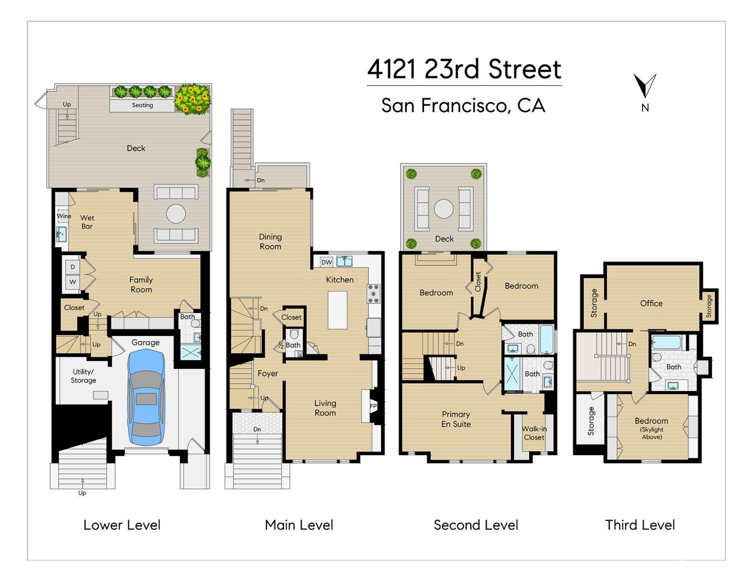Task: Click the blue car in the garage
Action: click(x=146, y=397)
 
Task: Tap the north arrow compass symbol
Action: click(x=644, y=86)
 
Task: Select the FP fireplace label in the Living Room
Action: click(x=373, y=406)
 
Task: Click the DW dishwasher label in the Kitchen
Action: click(x=327, y=262)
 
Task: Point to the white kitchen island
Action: click(x=337, y=310)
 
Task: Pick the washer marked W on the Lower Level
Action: click(x=73, y=282)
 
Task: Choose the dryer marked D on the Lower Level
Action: click(x=73, y=267)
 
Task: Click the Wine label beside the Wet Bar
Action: click(x=64, y=216)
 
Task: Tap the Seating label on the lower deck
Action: click(x=142, y=105)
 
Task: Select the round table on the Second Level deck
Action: click(x=444, y=209)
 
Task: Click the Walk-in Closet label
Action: click(x=534, y=433)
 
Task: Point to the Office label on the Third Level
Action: click(x=651, y=303)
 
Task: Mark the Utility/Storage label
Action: click(x=83, y=376)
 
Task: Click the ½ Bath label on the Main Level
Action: click(x=290, y=345)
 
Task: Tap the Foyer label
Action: click(x=268, y=373)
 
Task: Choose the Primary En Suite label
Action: click(x=456, y=419)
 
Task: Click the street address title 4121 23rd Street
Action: click(x=464, y=69)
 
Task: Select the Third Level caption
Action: click(x=640, y=525)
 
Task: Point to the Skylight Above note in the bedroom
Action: click(x=652, y=433)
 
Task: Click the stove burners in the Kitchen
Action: click(x=373, y=294)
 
